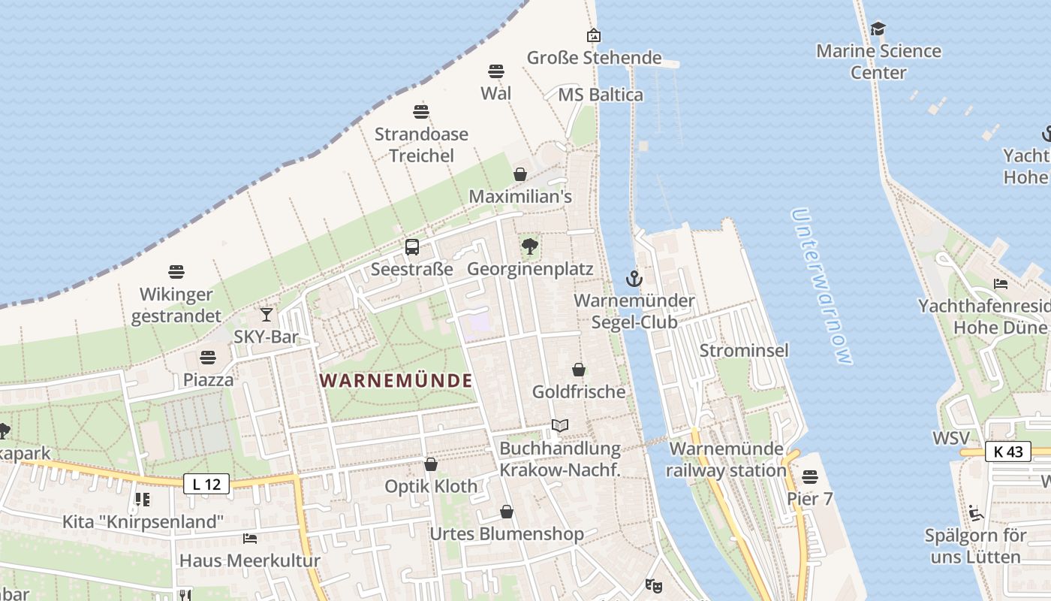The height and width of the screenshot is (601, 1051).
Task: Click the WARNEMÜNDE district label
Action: pyautogui.click(x=396, y=381)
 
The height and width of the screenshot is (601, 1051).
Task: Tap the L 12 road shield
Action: pyautogui.click(x=206, y=485)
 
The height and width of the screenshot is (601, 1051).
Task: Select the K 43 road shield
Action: pyautogui.click(x=1007, y=452)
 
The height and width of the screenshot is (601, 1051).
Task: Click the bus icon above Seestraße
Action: pyautogui.click(x=412, y=247)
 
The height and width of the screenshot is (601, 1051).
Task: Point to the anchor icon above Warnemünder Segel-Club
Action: pyautogui.click(x=634, y=279)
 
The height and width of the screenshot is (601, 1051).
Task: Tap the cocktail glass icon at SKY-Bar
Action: pyautogui.click(x=267, y=315)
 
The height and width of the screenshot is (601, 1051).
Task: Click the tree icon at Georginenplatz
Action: pyautogui.click(x=530, y=246)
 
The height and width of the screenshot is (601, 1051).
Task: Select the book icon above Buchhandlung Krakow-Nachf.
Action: pyautogui.click(x=560, y=426)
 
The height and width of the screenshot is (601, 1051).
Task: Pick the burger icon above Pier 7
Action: pyautogui.click(x=809, y=477)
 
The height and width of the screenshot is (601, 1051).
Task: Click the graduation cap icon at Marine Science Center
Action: pyautogui.click(x=878, y=29)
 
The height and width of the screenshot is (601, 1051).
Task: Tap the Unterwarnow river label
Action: pyautogui.click(x=822, y=286)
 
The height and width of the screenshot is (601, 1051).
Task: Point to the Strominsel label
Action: pyautogui.click(x=744, y=351)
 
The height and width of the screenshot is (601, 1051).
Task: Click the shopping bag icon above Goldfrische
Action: pyautogui.click(x=579, y=370)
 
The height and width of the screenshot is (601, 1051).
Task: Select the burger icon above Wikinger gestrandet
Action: pyautogui.click(x=176, y=271)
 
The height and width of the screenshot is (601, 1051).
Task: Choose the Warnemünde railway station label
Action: pyautogui.click(x=726, y=460)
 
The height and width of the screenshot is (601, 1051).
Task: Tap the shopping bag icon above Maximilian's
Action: pyautogui.click(x=520, y=175)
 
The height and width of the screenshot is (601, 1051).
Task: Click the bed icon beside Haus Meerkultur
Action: pyautogui.click(x=250, y=539)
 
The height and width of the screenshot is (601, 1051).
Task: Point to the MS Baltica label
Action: pyautogui.click(x=601, y=95)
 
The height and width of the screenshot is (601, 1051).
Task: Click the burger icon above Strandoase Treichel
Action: pyautogui.click(x=421, y=113)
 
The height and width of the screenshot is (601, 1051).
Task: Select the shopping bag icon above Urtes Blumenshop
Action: pyautogui.click(x=507, y=512)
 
